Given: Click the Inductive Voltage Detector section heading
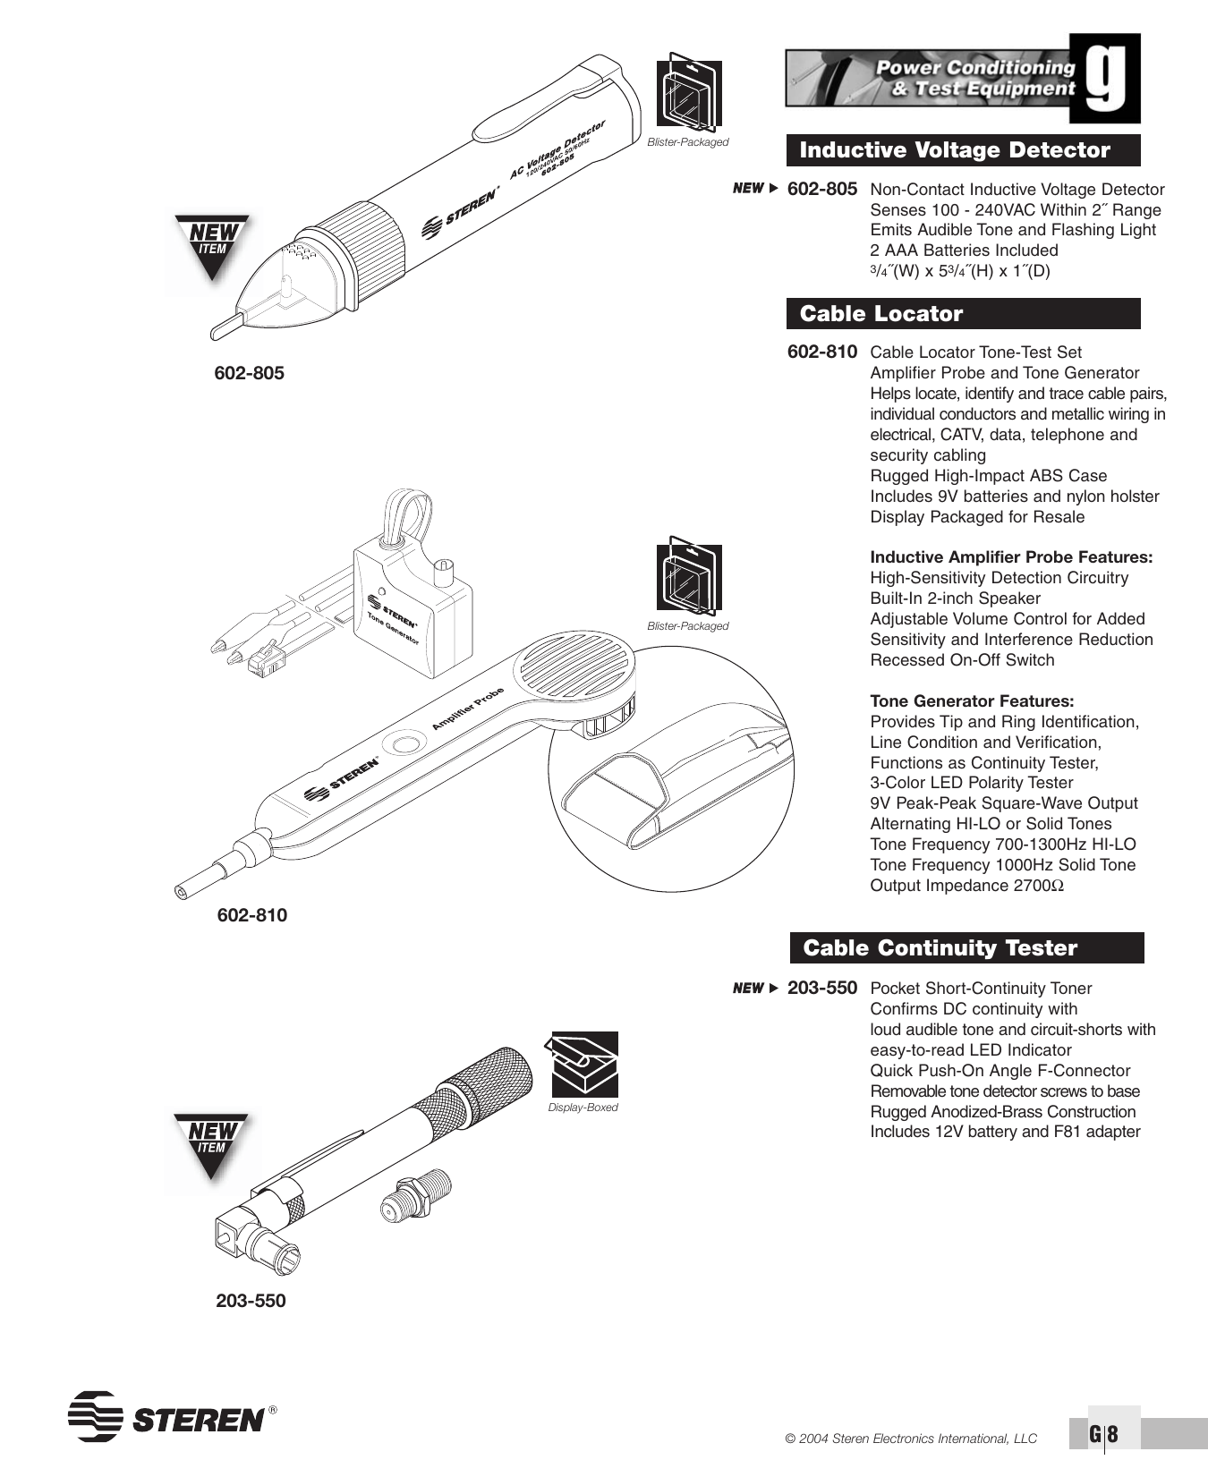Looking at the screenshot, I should point(954,150).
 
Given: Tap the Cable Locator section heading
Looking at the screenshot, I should point(880,314).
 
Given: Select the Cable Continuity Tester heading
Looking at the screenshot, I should point(940,948).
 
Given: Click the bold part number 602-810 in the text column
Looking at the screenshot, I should point(821,352).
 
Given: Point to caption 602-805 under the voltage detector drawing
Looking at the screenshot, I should point(249,373).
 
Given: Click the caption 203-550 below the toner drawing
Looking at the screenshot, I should point(251,1301).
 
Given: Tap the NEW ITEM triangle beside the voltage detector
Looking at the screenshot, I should point(212,244).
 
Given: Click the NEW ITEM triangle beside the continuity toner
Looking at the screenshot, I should point(211,1143).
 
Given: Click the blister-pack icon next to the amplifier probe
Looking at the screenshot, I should point(688,579).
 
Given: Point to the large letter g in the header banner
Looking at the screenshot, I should point(1106,79).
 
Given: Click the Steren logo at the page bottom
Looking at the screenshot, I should point(170,1416).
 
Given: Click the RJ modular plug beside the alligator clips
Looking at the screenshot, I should point(266,660).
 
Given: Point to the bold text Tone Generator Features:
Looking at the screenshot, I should point(972,701).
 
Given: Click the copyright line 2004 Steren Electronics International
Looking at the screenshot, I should point(911,1439).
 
